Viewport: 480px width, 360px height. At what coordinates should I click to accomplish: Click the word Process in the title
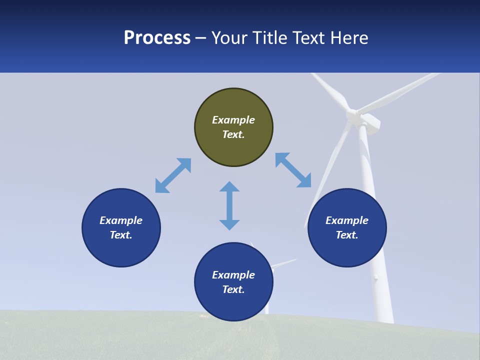pyautogui.click(x=157, y=38)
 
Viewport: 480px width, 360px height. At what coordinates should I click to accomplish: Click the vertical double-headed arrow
pyautogui.click(x=229, y=206)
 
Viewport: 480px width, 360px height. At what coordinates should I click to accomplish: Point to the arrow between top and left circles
pyautogui.click(x=173, y=175)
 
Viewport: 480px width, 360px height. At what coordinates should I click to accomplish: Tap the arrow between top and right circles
pyautogui.click(x=293, y=170)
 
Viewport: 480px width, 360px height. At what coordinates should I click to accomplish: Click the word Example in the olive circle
pyautogui.click(x=233, y=120)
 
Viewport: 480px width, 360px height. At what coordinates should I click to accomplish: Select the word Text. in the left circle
pyautogui.click(x=121, y=235)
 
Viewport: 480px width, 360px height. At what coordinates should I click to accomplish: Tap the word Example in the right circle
pyautogui.click(x=347, y=220)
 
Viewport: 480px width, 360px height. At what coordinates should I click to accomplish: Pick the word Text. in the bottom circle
pyautogui.click(x=233, y=289)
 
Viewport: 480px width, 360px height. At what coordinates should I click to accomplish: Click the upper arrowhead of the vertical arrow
pyautogui.click(x=229, y=187)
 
